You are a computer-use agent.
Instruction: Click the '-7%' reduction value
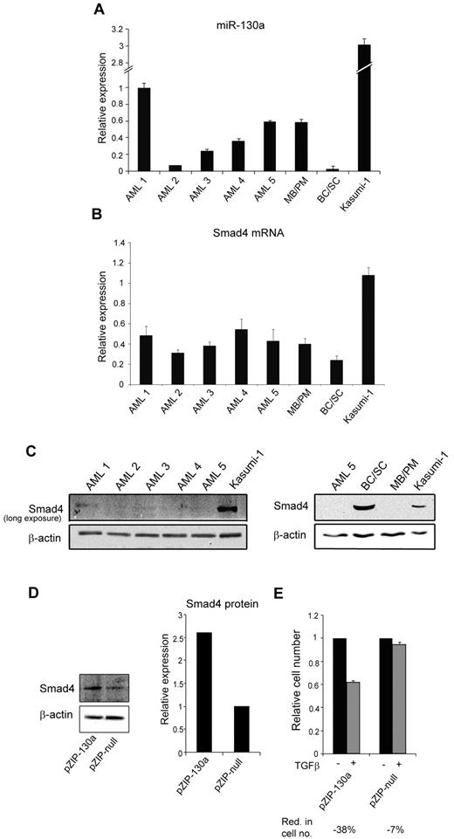pos(409,827)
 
